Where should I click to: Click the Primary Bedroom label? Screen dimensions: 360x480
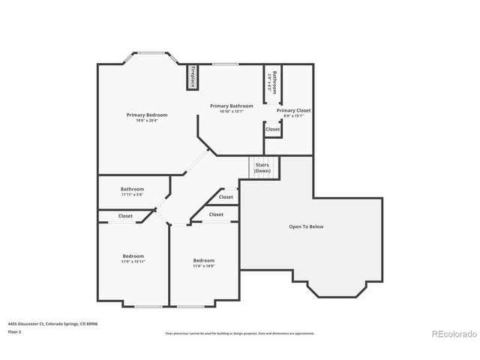click(x=146, y=115)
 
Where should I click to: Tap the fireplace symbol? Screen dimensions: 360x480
click(x=193, y=77)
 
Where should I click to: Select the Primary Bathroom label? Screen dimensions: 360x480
click(x=231, y=106)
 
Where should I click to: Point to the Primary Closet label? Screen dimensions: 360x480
click(x=294, y=110)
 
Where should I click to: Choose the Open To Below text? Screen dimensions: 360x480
click(x=306, y=226)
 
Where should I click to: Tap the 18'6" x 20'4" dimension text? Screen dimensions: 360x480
click(x=146, y=121)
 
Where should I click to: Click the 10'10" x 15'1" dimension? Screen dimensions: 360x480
click(x=231, y=112)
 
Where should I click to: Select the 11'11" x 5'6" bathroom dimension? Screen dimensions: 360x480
click(x=132, y=195)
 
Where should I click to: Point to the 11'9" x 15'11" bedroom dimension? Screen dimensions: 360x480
click(x=133, y=262)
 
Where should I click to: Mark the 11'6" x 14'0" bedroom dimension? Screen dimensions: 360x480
click(x=204, y=266)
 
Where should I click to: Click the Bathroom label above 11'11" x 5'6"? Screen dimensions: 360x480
click(x=132, y=189)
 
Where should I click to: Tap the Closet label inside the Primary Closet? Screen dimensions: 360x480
click(x=273, y=129)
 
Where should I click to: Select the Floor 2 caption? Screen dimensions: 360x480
click(x=15, y=331)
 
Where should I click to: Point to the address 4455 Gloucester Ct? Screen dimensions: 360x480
click(x=52, y=323)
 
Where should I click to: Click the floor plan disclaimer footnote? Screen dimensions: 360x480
click(x=240, y=333)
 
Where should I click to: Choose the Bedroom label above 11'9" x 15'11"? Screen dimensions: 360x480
click(x=133, y=256)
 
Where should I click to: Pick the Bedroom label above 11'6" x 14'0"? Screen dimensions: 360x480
click(x=204, y=260)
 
